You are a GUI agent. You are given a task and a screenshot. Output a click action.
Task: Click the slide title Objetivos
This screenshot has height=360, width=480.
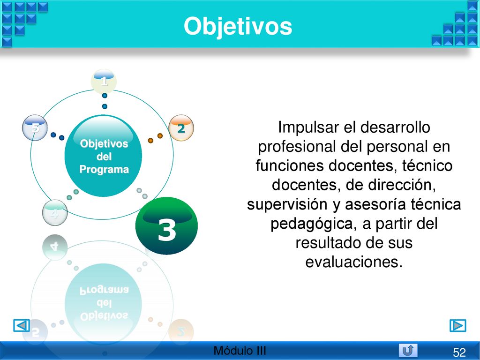[238, 27]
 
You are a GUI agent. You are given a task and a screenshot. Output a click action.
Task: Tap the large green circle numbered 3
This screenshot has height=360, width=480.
[166, 225]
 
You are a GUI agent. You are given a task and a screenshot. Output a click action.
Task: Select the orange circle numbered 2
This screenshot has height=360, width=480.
[181, 128]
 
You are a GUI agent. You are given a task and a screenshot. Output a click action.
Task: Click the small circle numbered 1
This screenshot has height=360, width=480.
[104, 81]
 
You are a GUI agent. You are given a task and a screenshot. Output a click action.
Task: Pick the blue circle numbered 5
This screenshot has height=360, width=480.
[35, 127]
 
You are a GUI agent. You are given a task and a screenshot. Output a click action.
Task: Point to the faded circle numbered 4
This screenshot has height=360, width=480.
[55, 213]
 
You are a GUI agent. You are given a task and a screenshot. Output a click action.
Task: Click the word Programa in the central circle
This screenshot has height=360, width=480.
[104, 169]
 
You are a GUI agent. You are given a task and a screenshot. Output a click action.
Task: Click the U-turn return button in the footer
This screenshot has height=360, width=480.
[408, 350]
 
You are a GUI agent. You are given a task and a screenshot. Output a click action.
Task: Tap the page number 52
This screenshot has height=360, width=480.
[459, 352]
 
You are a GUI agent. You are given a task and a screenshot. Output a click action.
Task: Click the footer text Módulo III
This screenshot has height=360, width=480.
[240, 351]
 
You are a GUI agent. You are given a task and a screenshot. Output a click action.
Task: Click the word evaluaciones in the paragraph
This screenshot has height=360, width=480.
[353, 262]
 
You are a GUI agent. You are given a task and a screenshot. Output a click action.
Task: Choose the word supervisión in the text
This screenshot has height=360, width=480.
[287, 204]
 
